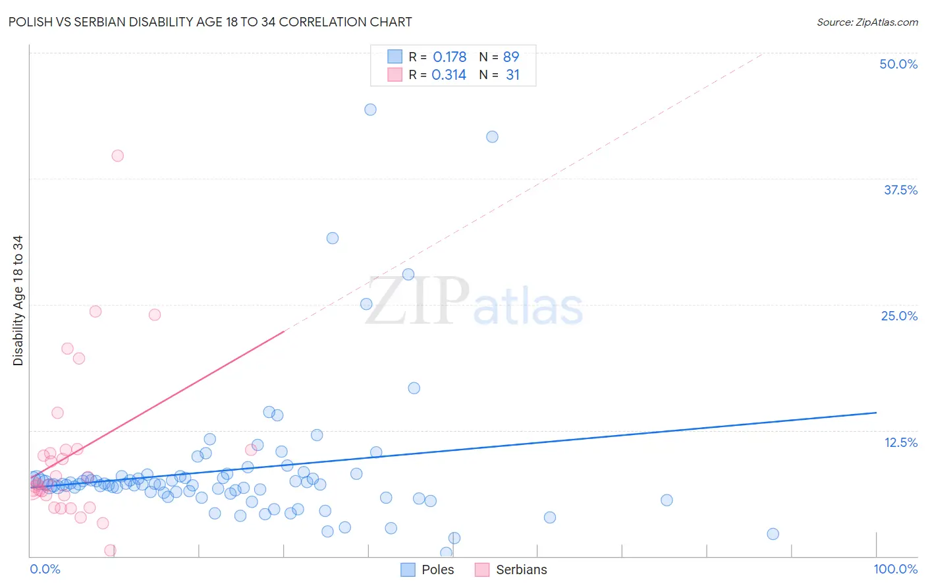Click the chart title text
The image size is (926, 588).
pyautogui.click(x=210, y=22)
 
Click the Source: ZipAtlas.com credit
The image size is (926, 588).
pyautogui.click(x=867, y=22)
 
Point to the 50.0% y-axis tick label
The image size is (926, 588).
pyautogui.click(x=898, y=64)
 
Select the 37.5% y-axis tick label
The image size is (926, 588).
pyautogui.click(x=900, y=190)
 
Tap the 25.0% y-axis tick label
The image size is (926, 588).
pyautogui.click(x=899, y=316)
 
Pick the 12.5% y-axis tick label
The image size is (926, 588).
pyautogui.click(x=900, y=442)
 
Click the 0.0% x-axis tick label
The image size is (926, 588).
pyautogui.click(x=45, y=569)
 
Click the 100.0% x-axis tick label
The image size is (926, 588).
pyautogui.click(x=895, y=569)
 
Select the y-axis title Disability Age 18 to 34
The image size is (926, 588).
pyautogui.click(x=18, y=301)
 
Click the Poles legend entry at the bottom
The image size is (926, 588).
pyautogui.click(x=437, y=570)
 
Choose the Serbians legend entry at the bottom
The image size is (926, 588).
pyautogui.click(x=521, y=570)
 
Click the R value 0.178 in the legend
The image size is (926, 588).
pyautogui.click(x=449, y=57)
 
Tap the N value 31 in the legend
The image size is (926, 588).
pyautogui.click(x=512, y=75)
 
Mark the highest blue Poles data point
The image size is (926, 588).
pyautogui.click(x=370, y=109)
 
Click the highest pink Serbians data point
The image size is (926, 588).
pyautogui.click(x=118, y=156)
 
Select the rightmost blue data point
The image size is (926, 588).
pyautogui.click(x=773, y=534)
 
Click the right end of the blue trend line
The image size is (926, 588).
pyautogui.click(x=876, y=413)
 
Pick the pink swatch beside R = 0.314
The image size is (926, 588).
pyautogui.click(x=395, y=74)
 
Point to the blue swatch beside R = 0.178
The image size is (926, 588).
pyautogui.click(x=395, y=57)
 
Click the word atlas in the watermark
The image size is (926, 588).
pyautogui.click(x=528, y=308)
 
